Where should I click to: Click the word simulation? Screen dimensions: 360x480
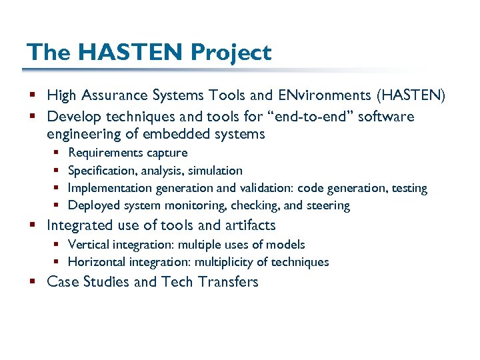[217, 171]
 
